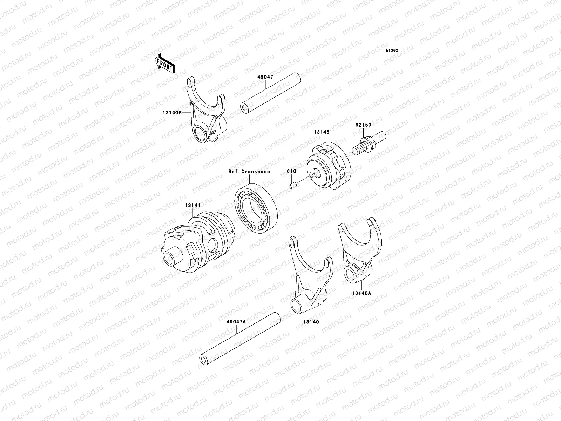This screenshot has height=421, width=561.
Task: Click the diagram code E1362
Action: pos(392,51)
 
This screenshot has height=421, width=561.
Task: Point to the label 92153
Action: pos(363,125)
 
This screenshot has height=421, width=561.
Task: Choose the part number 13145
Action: pos(322,133)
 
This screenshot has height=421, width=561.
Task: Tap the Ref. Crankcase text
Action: pos(249,171)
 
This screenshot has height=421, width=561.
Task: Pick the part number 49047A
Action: pos(236,321)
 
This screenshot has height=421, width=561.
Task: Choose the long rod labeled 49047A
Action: pos(240,338)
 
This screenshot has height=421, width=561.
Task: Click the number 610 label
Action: pos(291,171)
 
